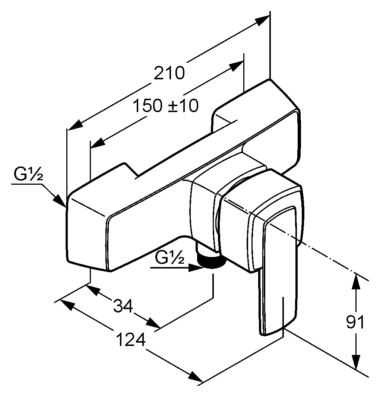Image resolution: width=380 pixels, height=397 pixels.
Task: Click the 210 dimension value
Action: [169, 73]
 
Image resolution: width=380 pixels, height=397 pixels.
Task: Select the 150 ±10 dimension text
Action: [165, 105]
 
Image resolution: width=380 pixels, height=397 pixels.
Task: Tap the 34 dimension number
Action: [123, 306]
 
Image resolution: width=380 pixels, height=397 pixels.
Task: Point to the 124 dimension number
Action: [131, 340]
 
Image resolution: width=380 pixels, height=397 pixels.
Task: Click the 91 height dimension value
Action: [355, 322]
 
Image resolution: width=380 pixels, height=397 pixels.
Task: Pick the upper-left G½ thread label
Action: [28, 174]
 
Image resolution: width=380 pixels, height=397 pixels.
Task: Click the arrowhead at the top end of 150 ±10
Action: [237, 66]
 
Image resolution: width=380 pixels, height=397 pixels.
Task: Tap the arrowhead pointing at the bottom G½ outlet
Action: [196, 268]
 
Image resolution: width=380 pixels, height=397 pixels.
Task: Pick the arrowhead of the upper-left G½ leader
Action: [60, 200]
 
